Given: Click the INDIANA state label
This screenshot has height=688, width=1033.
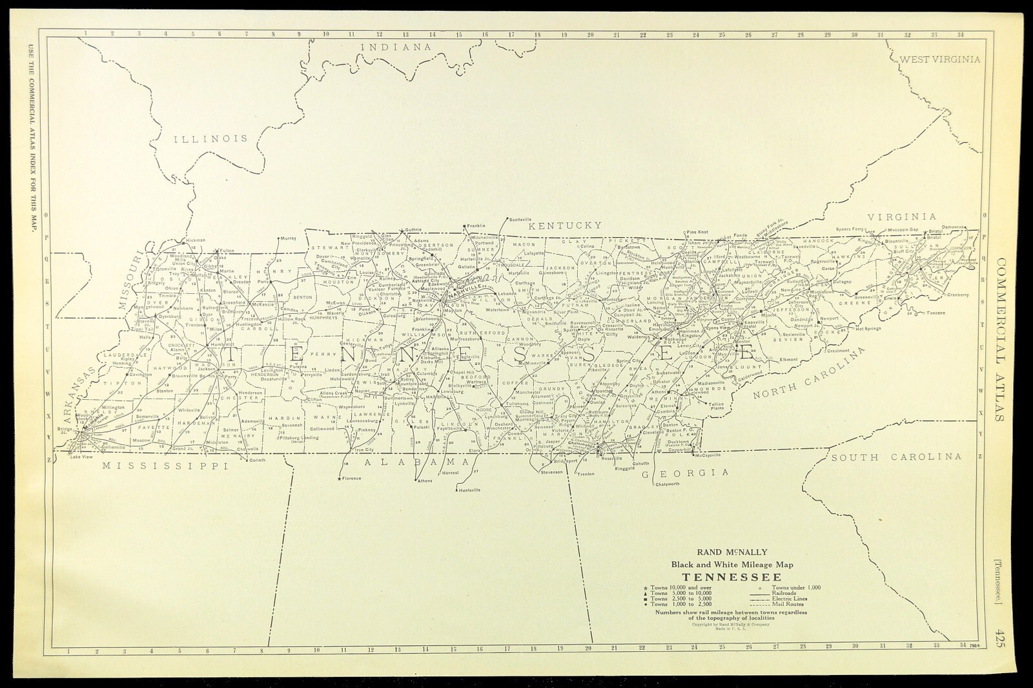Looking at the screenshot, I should (x=395, y=47).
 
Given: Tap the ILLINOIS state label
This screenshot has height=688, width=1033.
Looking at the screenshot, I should (x=210, y=138).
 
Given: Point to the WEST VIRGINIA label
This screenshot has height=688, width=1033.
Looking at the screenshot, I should (x=939, y=59).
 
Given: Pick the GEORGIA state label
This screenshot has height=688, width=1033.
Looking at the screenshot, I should (x=685, y=473).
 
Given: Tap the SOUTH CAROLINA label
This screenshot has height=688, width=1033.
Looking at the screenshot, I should (x=896, y=457).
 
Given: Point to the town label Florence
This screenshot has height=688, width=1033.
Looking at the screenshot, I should (x=353, y=479).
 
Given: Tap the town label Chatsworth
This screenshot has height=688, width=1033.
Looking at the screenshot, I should (x=668, y=484).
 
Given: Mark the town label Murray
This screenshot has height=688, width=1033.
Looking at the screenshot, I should (x=288, y=238).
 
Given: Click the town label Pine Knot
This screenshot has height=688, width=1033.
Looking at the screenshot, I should (x=697, y=232).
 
